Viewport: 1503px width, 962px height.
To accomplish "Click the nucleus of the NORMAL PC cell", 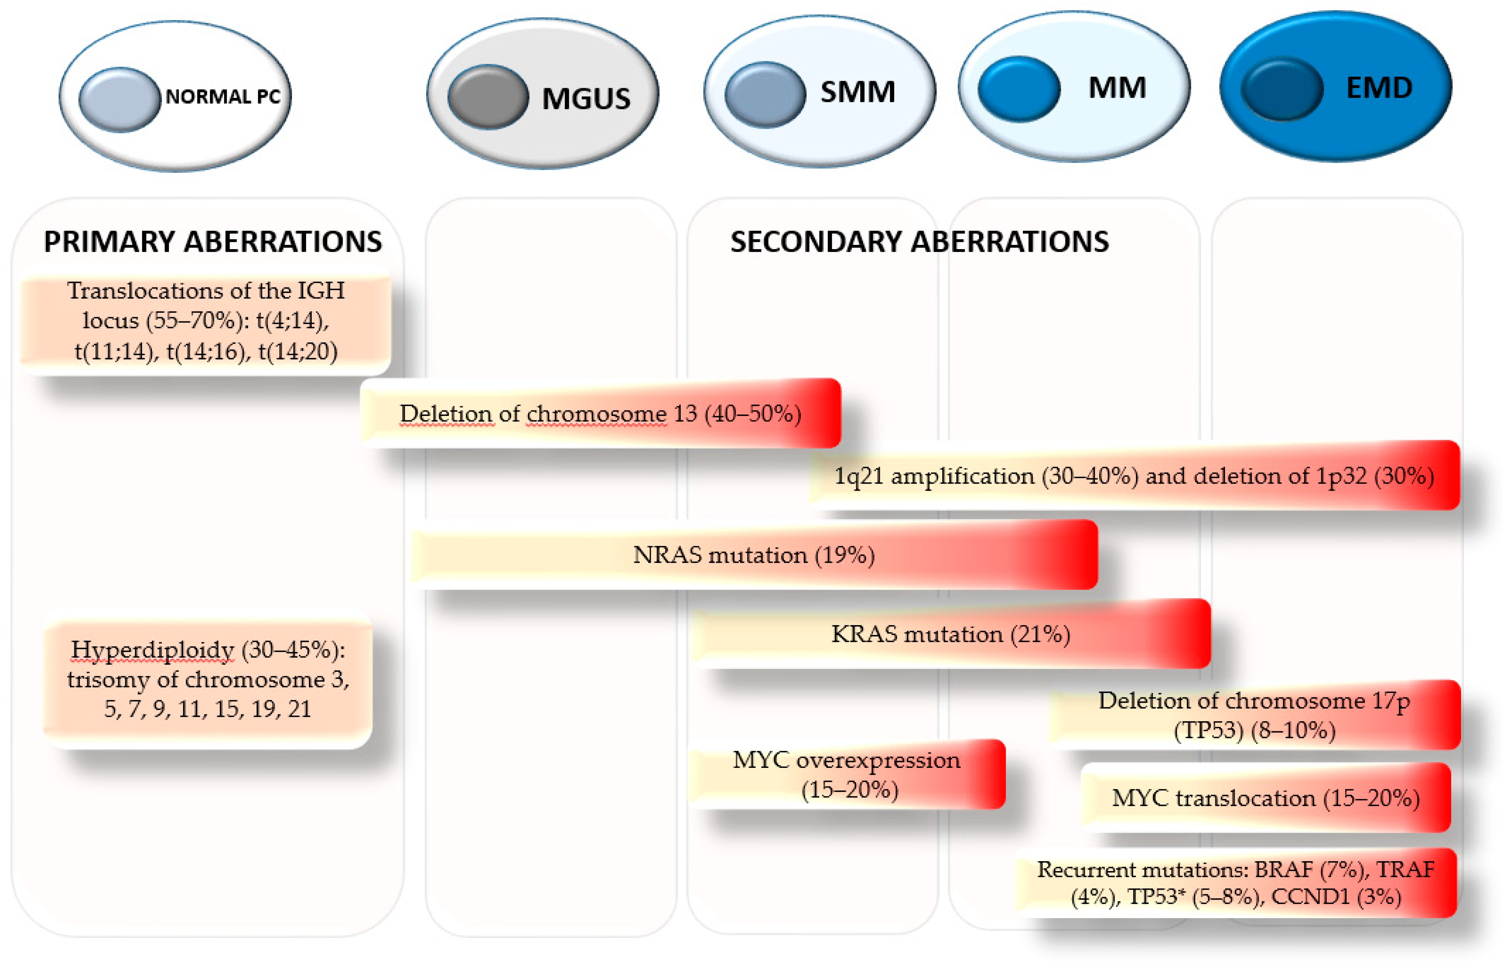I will [119, 99].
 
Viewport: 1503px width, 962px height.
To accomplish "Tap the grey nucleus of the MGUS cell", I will [488, 97].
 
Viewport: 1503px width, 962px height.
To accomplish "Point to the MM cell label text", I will [1117, 87].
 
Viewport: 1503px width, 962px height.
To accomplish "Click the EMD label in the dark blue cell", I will [1379, 87].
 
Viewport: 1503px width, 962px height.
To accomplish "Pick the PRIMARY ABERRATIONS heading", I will [212, 242].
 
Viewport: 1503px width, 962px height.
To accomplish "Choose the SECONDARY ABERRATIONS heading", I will [919, 242].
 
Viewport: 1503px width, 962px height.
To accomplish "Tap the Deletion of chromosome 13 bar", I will [600, 414].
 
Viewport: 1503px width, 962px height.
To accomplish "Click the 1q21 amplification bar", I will [1134, 476].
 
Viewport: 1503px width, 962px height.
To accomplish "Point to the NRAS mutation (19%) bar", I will [753, 555].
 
